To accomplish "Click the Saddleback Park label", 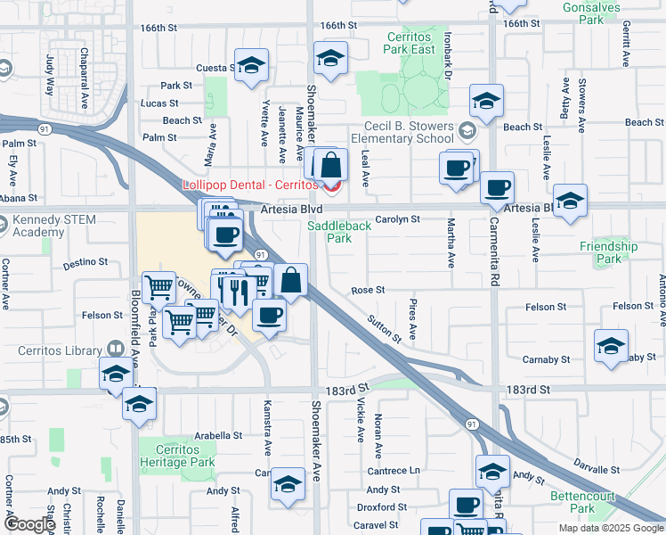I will coord(339,232).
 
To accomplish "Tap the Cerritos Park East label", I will coord(410,44).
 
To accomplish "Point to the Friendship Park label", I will coord(608,252).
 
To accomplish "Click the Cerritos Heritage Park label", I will coord(177,456).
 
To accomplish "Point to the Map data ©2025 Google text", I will coord(610,528).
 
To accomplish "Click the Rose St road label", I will coord(368,291).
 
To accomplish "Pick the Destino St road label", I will coord(86,264).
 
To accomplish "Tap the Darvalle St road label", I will coord(597,469).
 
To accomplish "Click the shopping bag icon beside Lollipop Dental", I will coord(330,166).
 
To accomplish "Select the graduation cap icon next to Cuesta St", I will coord(251,65).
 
